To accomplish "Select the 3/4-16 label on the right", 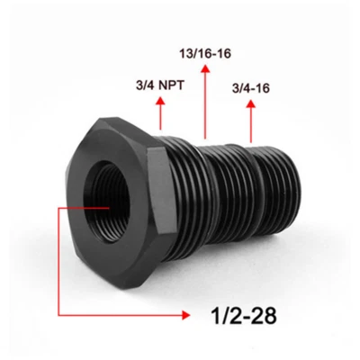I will [x=253, y=88].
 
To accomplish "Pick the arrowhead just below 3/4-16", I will [x=252, y=104].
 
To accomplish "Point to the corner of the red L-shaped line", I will [x=61, y=314].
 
